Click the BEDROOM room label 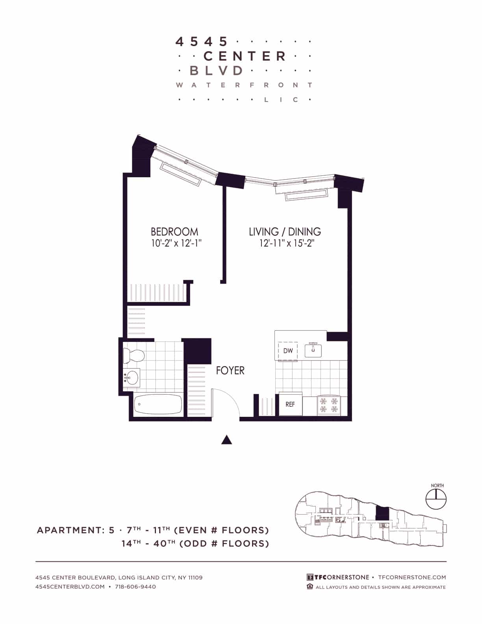pos(174,231)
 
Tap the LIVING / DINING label pos(285,231)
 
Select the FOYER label pos(230,370)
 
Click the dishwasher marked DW pos(288,350)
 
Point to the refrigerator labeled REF pos(290,404)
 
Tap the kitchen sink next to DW pos(313,349)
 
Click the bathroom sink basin pos(131,378)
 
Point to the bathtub pos(158,404)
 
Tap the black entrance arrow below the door pos(226,440)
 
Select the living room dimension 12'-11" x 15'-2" pos(286,243)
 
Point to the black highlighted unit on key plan pos(382,514)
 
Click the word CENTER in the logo pos(245,56)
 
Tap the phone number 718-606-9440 pos(135,587)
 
